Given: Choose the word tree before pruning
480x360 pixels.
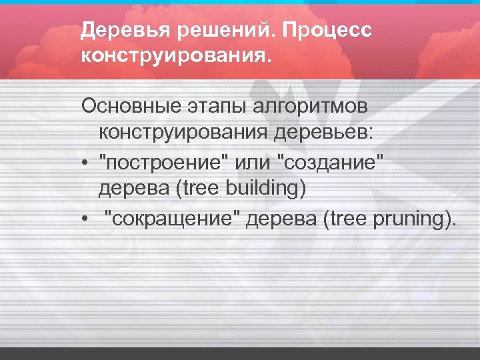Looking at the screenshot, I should click(344, 219).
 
